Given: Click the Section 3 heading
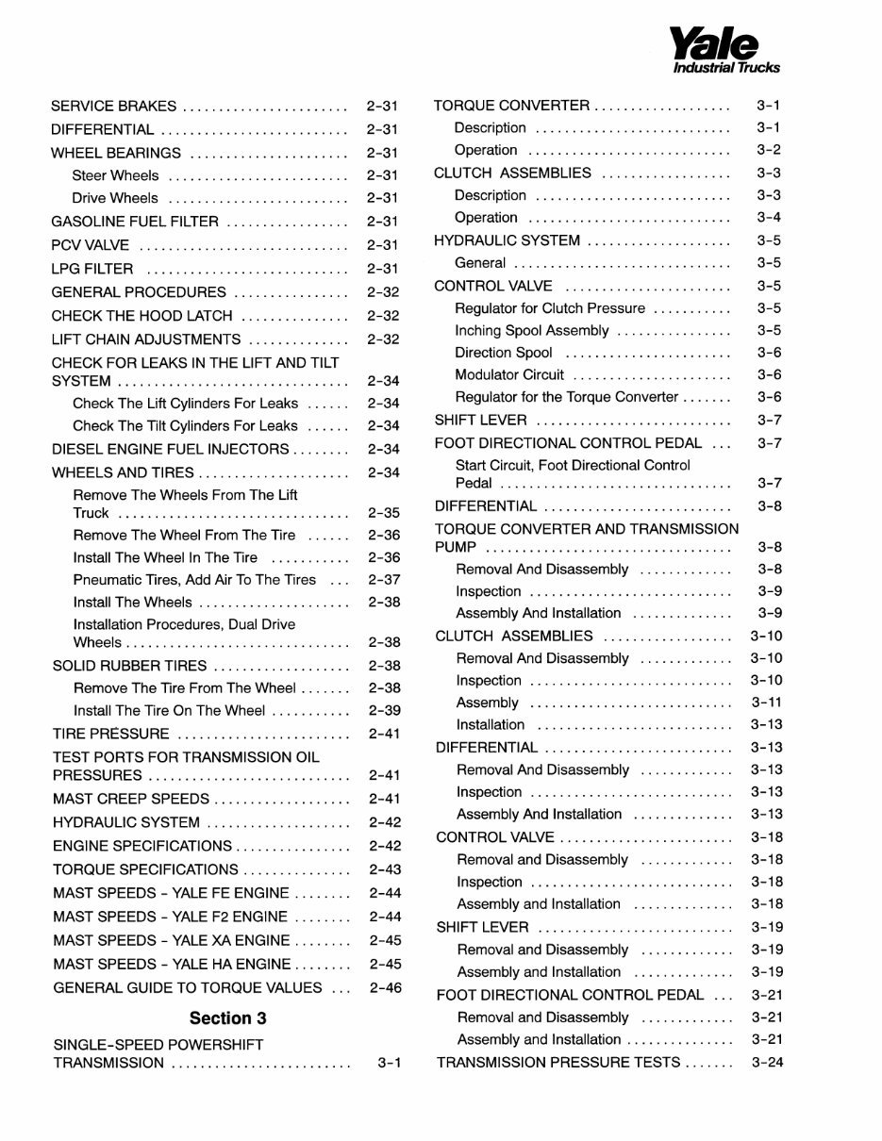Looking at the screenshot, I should [227, 1017].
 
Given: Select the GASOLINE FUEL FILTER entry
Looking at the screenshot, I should [135, 222].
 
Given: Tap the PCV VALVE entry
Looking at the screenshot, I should [91, 245].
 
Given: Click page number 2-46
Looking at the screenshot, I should [385, 987].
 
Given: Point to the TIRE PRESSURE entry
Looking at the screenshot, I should [111, 734].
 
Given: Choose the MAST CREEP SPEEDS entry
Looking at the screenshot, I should [131, 799].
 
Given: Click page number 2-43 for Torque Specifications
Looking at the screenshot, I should [385, 869].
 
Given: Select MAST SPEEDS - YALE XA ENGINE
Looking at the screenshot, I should [172, 940].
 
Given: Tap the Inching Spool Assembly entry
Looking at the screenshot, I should [532, 331].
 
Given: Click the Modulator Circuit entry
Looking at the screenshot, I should [509, 375].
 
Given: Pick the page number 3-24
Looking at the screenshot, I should [768, 1062].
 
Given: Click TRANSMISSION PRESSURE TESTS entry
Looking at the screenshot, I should [558, 1062].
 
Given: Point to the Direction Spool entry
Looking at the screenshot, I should [504, 353].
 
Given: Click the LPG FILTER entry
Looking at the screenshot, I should [92, 269].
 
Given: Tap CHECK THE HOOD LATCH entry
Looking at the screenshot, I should [142, 316].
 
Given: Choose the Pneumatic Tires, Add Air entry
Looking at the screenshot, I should [194, 580].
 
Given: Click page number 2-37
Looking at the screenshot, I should [385, 580].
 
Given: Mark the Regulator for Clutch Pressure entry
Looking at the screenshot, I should [550, 308].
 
